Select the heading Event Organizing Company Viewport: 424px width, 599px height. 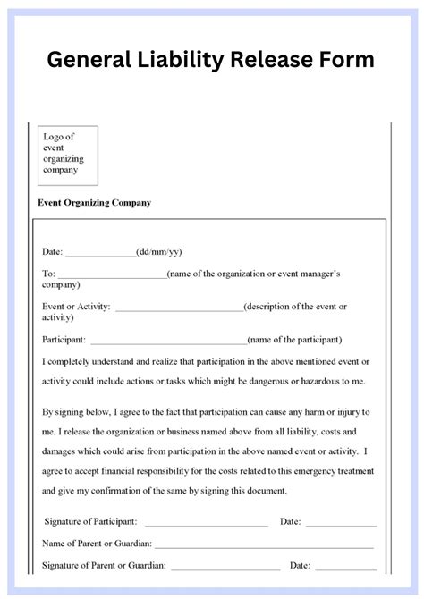pos(94,203)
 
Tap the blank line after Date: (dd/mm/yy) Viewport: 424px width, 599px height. pos(100,254)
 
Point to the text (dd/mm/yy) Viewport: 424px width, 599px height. pos(158,252)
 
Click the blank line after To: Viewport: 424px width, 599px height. pos(112,275)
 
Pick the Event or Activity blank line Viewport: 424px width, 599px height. pos(179,308)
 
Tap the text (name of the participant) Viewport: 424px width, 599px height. pos(294,340)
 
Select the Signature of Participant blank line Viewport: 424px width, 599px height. pos(206,523)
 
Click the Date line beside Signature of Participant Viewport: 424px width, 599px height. pos(341,523)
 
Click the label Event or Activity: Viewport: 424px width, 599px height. pos(77,307)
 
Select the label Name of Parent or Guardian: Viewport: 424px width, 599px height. pos(98,544)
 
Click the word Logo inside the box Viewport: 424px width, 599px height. pos(55,137)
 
